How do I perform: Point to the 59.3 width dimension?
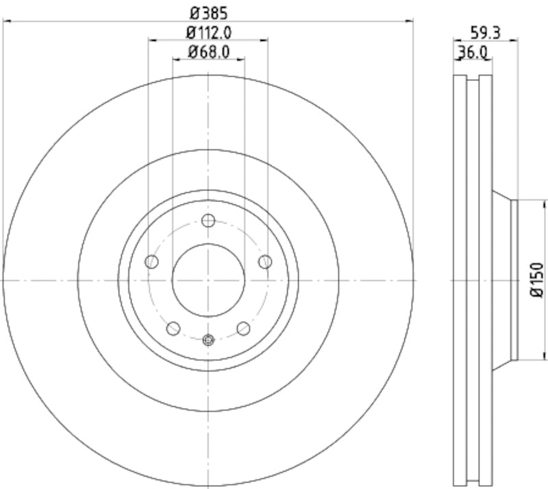coord(484,31)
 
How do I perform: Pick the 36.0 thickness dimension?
coord(472,51)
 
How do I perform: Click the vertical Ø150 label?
coord(536,280)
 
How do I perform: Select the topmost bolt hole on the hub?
coord(209,220)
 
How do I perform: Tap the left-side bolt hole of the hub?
coord(152,261)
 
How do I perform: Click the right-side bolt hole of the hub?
coord(265,261)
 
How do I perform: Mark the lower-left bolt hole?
coord(174,329)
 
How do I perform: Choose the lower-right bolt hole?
coord(243,329)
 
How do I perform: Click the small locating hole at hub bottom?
coord(209,339)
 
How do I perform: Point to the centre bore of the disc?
coord(208,280)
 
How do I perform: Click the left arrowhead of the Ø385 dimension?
coord(7,21)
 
